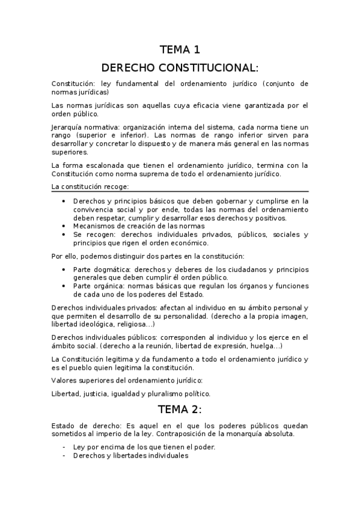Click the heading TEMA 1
click(x=180, y=50)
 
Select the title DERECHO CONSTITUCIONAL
click(x=180, y=67)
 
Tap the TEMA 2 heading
click(x=180, y=411)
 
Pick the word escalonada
click(x=97, y=165)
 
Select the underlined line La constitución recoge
click(x=87, y=187)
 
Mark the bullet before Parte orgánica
click(x=65, y=286)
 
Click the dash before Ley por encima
click(x=65, y=447)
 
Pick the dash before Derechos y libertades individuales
click(x=65, y=456)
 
